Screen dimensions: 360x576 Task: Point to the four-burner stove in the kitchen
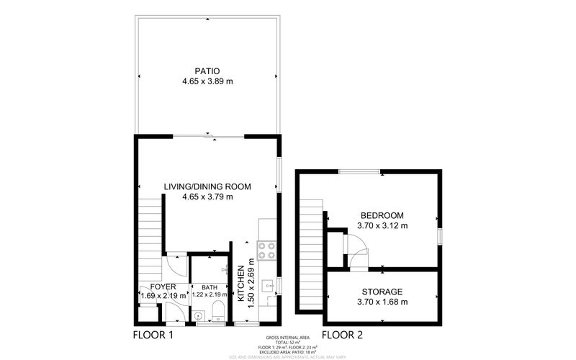[x=266, y=250]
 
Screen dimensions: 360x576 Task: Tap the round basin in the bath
[x=197, y=314]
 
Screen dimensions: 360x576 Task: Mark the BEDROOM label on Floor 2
[x=382, y=215]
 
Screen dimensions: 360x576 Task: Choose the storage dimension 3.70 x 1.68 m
[x=382, y=302]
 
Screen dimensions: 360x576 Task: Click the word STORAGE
[x=382, y=292]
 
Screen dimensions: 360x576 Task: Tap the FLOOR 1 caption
[x=153, y=335]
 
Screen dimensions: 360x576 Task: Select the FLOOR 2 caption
[x=342, y=335]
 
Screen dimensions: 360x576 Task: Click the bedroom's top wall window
[x=361, y=171]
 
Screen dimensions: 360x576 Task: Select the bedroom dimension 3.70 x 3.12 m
[x=382, y=226]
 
